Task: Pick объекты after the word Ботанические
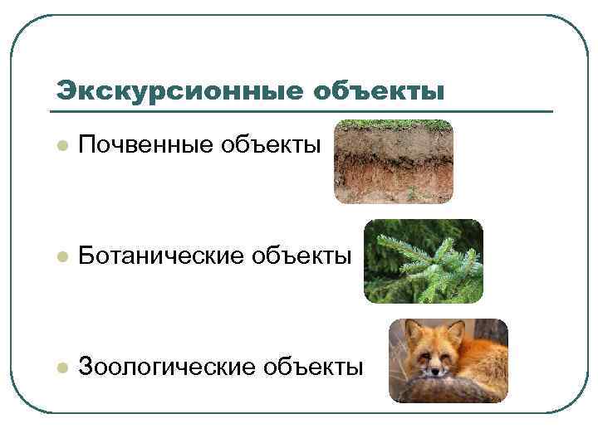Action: click(x=302, y=256)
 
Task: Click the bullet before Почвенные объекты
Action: click(x=61, y=148)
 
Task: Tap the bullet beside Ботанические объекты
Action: click(x=61, y=257)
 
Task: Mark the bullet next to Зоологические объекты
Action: click(x=61, y=367)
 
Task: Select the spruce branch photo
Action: click(x=423, y=261)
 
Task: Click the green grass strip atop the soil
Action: click(x=393, y=124)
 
